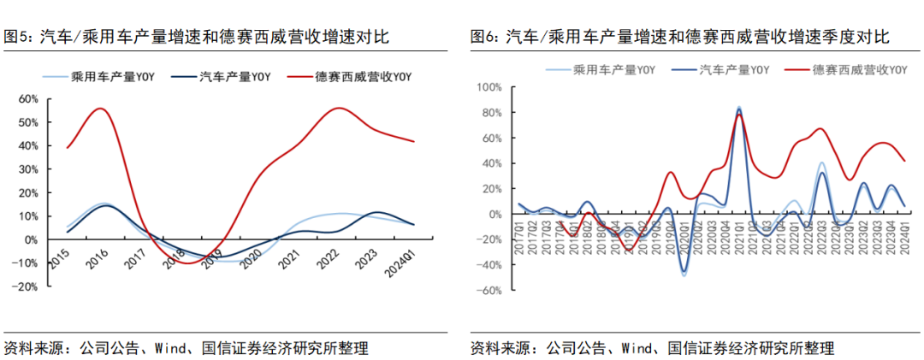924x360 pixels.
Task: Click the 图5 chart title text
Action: (197, 37)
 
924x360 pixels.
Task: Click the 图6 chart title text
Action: (680, 37)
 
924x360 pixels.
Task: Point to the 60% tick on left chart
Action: (27, 99)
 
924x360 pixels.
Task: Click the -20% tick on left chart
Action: (24, 287)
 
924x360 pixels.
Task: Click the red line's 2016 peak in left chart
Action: (101, 109)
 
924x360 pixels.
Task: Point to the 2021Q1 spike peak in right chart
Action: (738, 109)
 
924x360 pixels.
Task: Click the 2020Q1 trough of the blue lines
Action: (684, 273)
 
